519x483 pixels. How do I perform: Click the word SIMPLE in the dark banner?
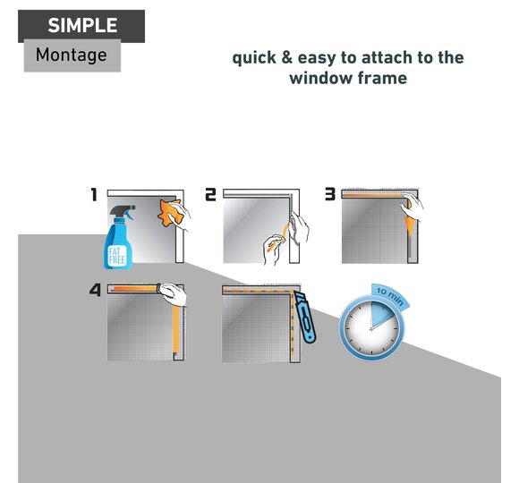(82, 25)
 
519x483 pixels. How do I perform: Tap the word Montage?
(72, 55)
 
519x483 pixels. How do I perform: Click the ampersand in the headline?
(287, 57)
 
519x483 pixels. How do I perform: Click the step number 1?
(94, 194)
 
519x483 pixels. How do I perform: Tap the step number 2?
(210, 194)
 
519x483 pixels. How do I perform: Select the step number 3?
(330, 194)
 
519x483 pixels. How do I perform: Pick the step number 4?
(95, 290)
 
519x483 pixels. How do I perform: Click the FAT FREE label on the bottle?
(117, 255)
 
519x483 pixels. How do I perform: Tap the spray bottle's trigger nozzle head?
(123, 212)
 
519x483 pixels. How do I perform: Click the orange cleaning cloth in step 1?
(170, 212)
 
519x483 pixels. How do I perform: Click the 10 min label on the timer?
(390, 296)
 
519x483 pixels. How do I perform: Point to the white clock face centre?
(371, 329)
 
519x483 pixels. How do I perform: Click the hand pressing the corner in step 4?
(172, 293)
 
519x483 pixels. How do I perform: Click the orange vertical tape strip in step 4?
(175, 329)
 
